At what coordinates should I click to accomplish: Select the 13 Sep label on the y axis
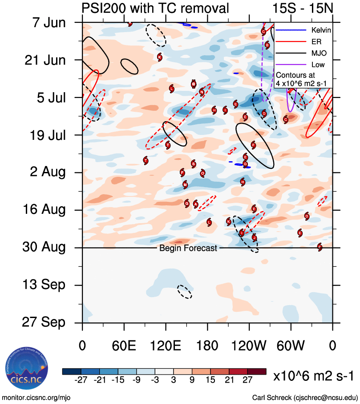point(44,285)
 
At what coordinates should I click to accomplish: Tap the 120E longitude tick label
point(165,346)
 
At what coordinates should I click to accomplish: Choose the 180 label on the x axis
point(207,346)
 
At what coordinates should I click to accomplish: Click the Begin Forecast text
point(188,248)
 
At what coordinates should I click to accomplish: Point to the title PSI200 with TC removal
point(155,8)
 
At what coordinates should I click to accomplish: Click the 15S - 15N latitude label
point(303,8)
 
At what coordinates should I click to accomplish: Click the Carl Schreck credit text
point(305,397)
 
